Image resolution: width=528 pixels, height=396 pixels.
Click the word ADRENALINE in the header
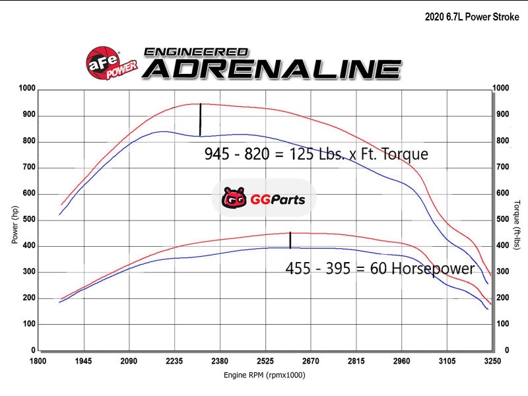coord(271,69)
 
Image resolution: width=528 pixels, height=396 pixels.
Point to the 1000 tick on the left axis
coord(27,88)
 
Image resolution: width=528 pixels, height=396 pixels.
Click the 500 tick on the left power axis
coord(29,220)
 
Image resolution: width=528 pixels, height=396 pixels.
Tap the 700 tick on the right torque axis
coord(503,167)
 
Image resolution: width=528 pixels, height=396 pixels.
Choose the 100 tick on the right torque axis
coord(503,324)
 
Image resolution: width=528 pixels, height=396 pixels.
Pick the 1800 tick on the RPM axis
coord(38,362)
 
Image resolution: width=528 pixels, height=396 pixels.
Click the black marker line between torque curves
coord(200,119)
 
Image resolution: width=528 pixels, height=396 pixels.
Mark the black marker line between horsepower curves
coord(290,240)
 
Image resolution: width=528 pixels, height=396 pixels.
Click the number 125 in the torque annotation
coord(290,155)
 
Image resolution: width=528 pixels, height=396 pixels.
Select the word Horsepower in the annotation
coord(432,269)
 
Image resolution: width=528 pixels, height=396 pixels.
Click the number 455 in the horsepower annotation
coord(298,269)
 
